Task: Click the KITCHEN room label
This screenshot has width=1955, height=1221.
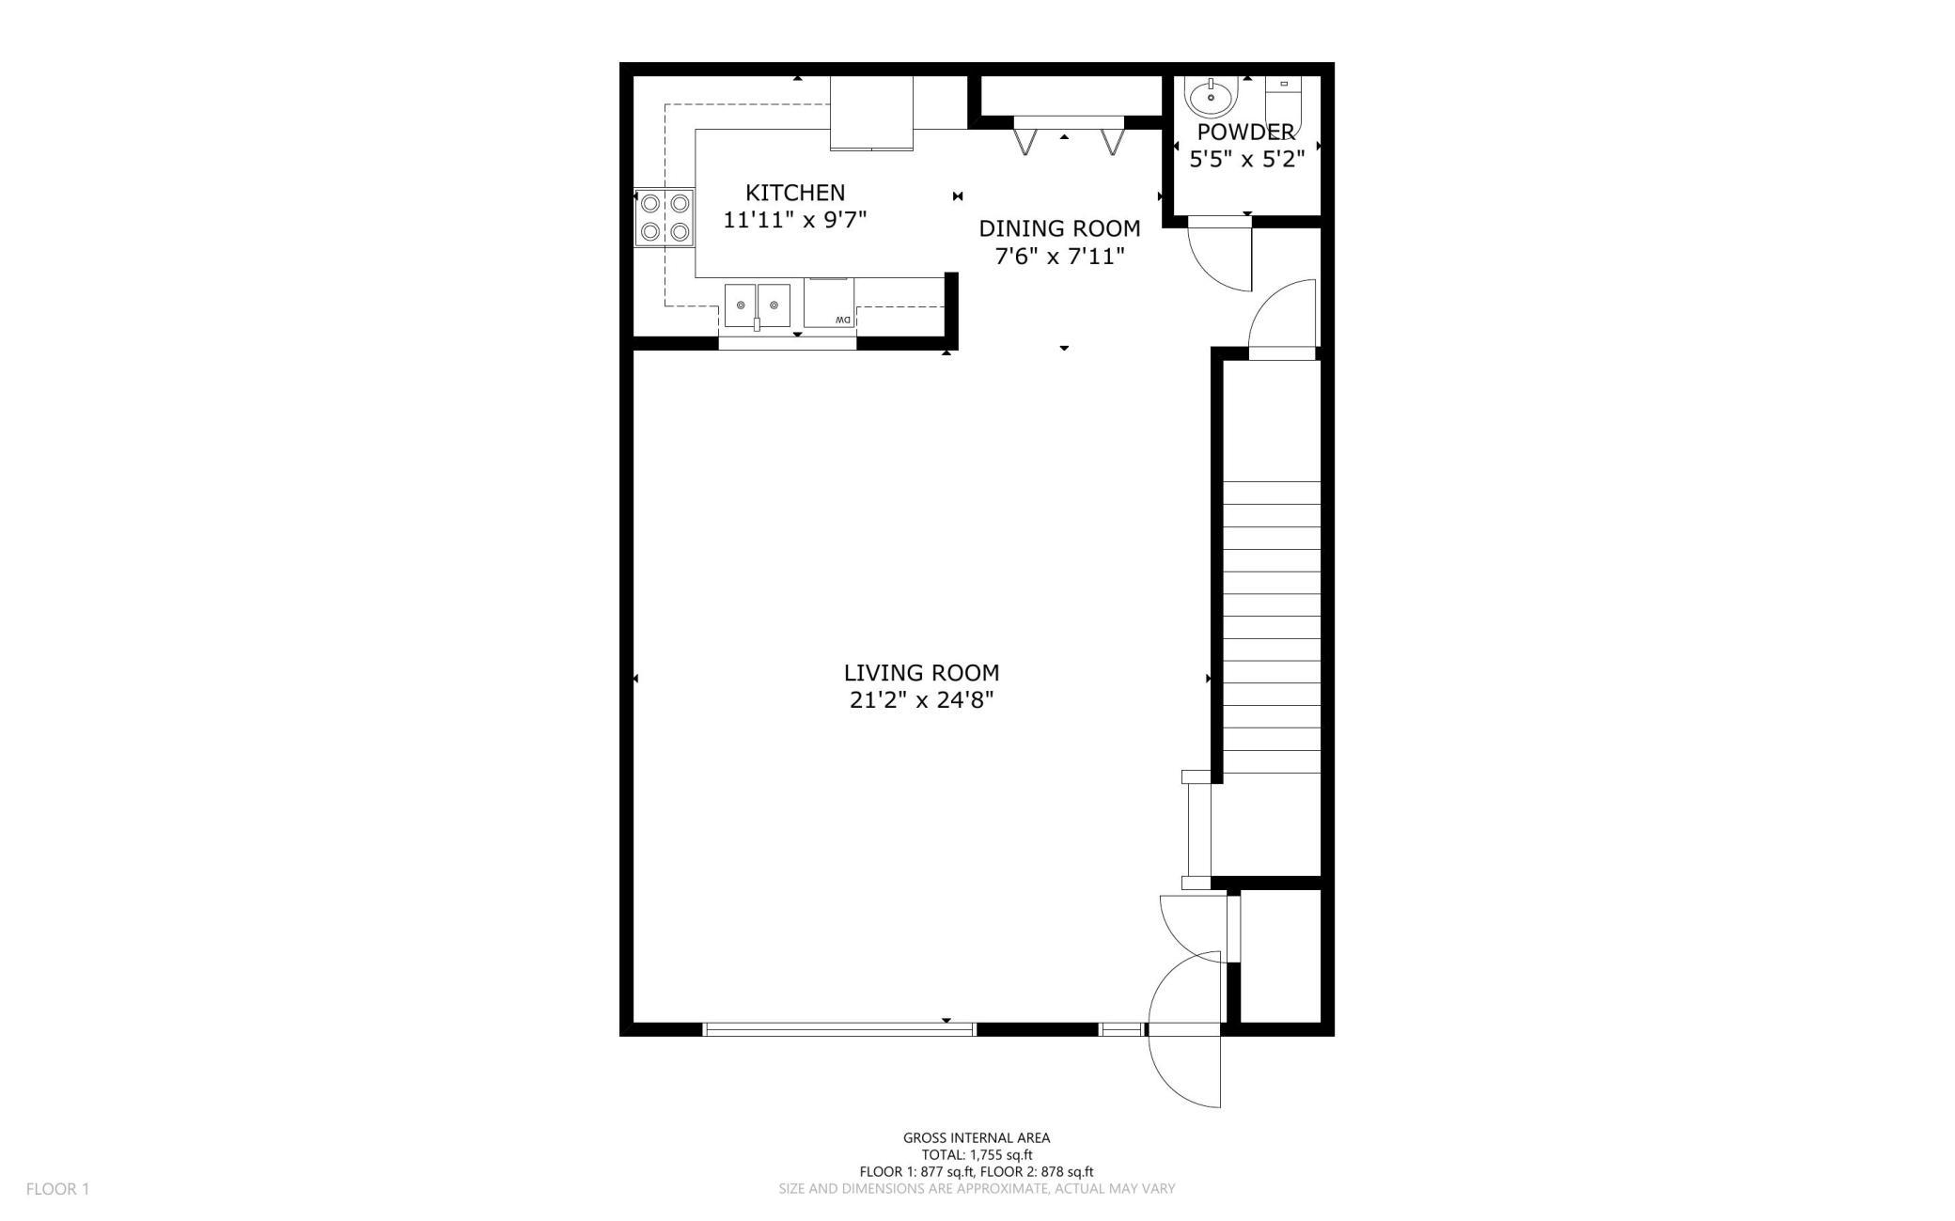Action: click(x=795, y=193)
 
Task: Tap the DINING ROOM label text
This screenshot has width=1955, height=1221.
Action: click(x=1059, y=228)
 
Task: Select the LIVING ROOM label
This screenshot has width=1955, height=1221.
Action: click(x=921, y=673)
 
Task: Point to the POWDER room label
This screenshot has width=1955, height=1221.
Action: click(x=1245, y=132)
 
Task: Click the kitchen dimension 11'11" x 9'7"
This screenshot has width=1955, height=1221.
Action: click(x=795, y=220)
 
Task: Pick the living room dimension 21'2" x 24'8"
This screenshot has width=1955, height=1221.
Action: click(x=921, y=700)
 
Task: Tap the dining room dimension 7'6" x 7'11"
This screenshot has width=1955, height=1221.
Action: click(x=1059, y=256)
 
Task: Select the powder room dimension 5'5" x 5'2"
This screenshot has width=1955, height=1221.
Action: click(x=1247, y=159)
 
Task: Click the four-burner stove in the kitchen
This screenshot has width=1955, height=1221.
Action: click(x=665, y=217)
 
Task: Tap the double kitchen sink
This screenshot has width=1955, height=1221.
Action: click(x=757, y=305)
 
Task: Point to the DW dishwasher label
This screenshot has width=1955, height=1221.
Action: click(x=842, y=321)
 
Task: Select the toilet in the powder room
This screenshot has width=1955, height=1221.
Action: click(x=1283, y=106)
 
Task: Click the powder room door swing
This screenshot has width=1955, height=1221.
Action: click(x=1219, y=254)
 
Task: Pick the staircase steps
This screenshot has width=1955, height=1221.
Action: click(x=1272, y=627)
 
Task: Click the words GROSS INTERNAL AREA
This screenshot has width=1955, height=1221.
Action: click(x=977, y=1138)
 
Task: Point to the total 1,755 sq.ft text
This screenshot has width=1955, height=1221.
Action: click(x=977, y=1155)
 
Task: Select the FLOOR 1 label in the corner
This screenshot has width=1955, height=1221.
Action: click(x=57, y=1189)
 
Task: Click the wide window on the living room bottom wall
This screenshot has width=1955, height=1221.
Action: click(x=839, y=1029)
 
